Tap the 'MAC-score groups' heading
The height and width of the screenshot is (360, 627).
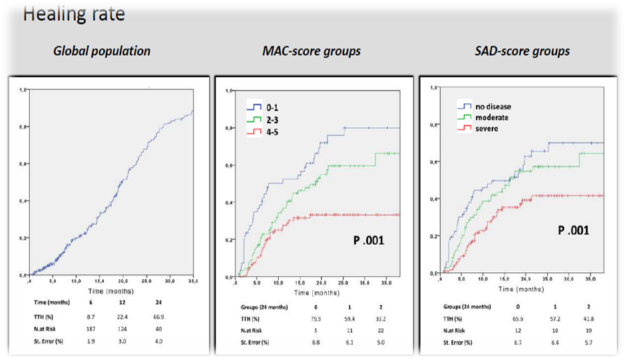pyautogui.click(x=312, y=51)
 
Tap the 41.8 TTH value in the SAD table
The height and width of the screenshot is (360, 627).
pyautogui.click(x=588, y=319)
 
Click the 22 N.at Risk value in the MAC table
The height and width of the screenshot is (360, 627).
pyautogui.click(x=383, y=331)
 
